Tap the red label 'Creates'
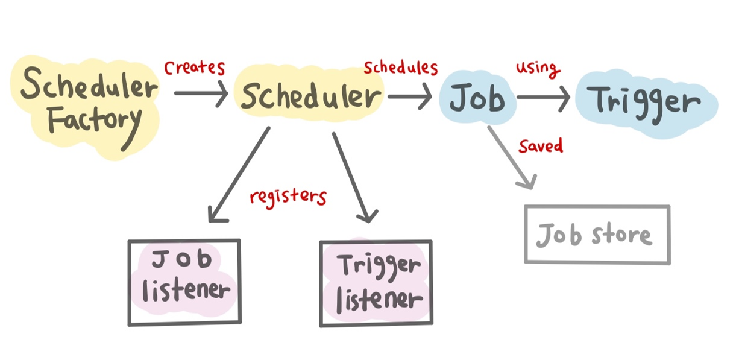[194, 68]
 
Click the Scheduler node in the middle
[311, 96]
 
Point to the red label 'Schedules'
[400, 67]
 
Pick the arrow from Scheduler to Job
[410, 95]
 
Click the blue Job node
[477, 98]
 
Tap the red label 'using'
[538, 67]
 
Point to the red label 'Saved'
[541, 146]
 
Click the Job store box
[597, 234]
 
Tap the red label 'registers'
[288, 197]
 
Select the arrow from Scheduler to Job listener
[237, 174]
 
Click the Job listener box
[184, 282]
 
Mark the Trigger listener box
[376, 283]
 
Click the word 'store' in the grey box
[621, 234]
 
